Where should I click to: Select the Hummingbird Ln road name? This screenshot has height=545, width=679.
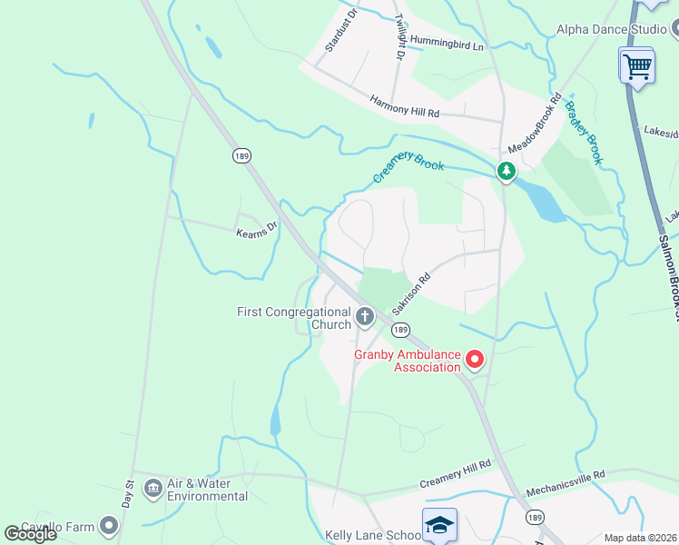pos(447,42)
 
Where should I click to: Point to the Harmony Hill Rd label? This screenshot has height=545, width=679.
pos(405,107)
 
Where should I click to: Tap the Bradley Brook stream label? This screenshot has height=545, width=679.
pos(584,133)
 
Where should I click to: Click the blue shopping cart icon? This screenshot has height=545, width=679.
pos(637,65)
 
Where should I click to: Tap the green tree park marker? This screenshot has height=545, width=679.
pos(506,170)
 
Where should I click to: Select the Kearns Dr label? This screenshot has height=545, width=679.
pos(257,232)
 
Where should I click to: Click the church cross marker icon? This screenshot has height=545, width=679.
pos(365,317)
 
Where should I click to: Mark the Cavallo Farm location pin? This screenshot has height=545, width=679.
pos(110,525)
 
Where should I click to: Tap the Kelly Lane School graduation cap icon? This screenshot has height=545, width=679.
pos(439,525)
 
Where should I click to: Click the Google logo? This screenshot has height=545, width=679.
pos(30,533)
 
